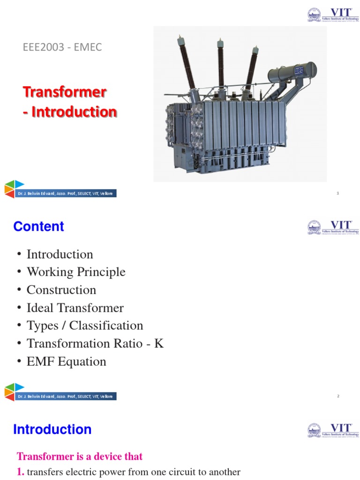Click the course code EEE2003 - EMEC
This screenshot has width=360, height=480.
62,47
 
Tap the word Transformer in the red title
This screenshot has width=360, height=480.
65,92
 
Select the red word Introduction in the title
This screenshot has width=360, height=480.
74,112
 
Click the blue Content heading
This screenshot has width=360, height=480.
38,226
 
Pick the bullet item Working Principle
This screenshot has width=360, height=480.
76,272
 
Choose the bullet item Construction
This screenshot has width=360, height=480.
61,290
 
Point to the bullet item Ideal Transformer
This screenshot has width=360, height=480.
75,308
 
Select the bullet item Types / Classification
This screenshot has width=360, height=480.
85,326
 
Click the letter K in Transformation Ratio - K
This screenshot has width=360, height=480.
159,344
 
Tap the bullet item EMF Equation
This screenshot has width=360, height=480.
67,361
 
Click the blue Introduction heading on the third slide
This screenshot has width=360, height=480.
52,429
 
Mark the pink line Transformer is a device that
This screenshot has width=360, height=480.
80,456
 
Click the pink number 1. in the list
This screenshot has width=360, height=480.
21,472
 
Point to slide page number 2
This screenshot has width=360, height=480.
338,396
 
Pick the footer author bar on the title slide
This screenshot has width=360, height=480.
66,194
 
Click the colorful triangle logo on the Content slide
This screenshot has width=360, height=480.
14,391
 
